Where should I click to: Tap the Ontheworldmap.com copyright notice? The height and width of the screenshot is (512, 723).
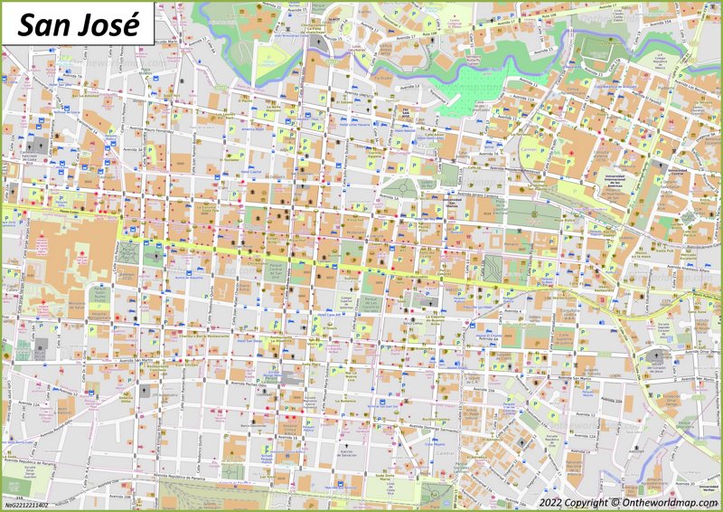(629, 502)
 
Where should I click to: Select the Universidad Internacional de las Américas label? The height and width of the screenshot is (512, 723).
(612, 182)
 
